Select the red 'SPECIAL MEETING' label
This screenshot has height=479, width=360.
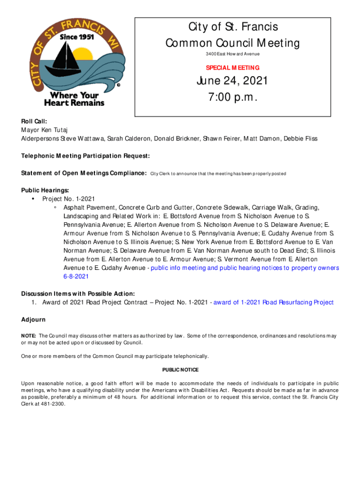click(232, 68)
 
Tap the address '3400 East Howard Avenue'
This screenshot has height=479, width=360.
click(232, 54)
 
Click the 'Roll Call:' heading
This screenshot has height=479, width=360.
click(34, 120)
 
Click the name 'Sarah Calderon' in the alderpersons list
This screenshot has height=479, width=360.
click(130, 138)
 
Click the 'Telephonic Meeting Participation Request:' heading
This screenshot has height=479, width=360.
click(86, 156)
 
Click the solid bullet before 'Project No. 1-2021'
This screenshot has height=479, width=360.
click(33, 199)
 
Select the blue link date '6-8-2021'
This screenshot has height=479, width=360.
click(76, 276)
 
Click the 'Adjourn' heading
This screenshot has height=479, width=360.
click(33, 319)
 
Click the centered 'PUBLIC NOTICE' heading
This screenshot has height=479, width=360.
click(180, 370)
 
